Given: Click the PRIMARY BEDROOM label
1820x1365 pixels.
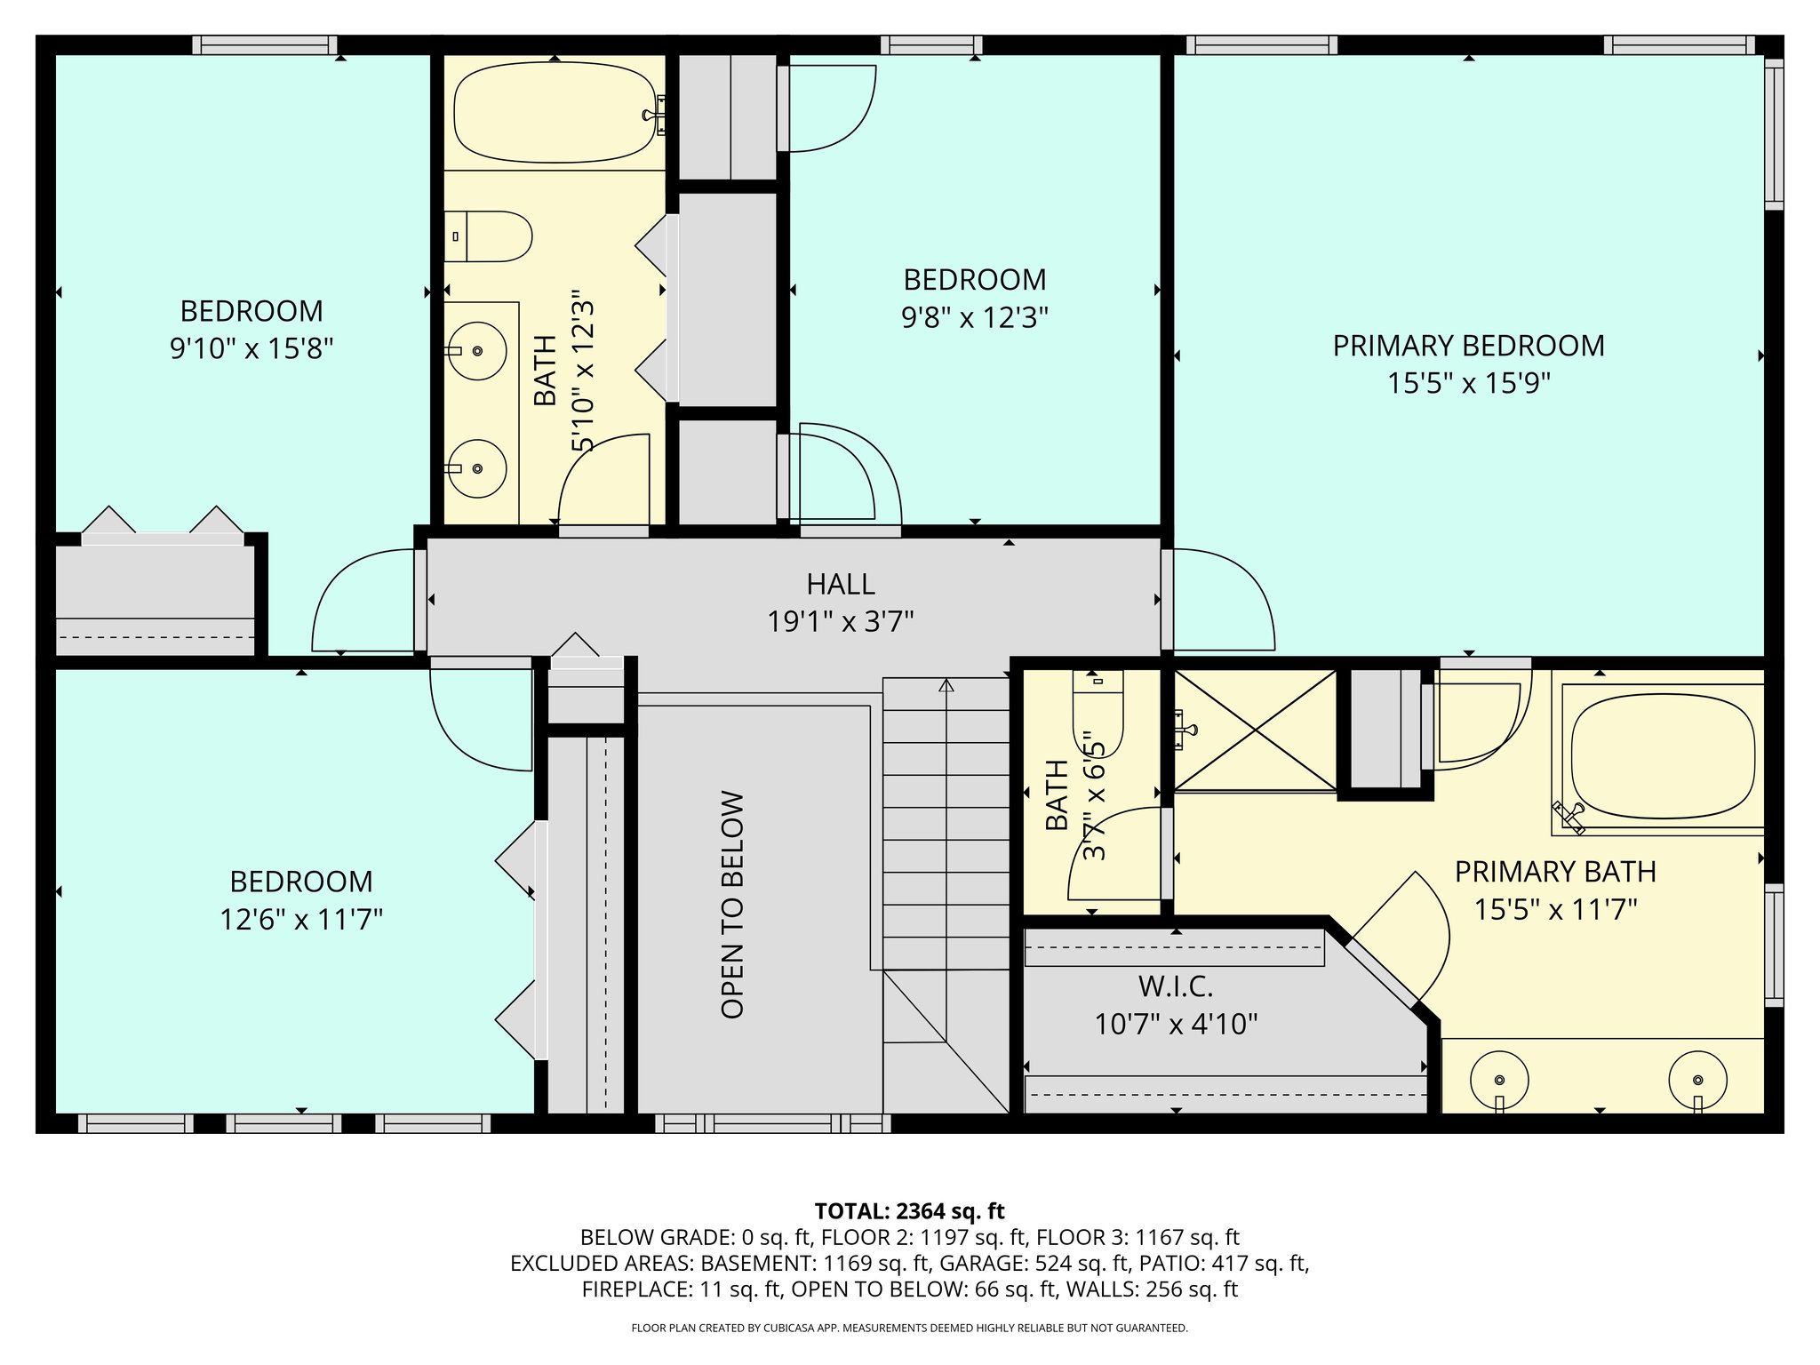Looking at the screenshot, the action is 1468,346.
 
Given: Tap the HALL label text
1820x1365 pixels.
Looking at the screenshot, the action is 841,584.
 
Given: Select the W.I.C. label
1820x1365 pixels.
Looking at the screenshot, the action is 1176,986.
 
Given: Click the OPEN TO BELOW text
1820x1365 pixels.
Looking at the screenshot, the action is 732,905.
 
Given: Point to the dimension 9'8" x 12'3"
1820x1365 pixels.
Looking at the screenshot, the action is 975,317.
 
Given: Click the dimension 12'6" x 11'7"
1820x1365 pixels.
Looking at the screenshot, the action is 301,919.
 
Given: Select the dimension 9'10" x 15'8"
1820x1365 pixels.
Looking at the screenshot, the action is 251,348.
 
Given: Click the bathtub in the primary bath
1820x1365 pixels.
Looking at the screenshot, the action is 1662,756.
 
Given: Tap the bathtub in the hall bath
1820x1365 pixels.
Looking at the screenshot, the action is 555,112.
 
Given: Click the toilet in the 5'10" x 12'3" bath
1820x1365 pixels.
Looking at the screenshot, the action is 488,236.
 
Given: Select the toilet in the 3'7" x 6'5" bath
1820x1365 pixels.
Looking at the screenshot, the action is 1098,711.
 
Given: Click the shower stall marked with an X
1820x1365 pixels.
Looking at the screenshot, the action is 1255,730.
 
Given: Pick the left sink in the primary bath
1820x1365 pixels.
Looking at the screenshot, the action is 1499,1080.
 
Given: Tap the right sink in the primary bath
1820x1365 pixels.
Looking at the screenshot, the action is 1697,1080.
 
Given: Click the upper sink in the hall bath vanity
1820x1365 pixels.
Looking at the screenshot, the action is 476,351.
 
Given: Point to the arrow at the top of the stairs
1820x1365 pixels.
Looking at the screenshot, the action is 946,685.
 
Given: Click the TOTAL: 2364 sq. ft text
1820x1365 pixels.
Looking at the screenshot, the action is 909,1211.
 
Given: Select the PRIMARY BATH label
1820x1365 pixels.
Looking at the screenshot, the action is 1555,872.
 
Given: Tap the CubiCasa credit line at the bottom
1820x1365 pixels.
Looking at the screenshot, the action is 909,1329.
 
